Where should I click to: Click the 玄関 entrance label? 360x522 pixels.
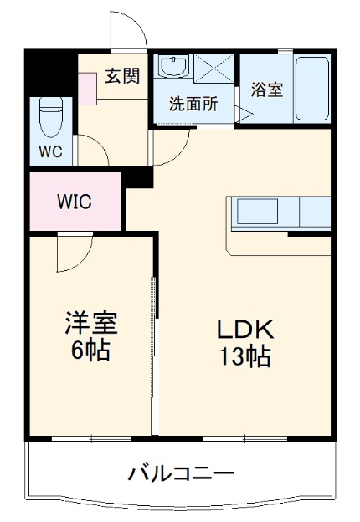[122, 75]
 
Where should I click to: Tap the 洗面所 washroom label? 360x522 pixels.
[194, 105]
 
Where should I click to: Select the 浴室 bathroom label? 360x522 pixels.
[268, 89]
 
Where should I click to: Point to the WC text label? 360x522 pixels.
[50, 153]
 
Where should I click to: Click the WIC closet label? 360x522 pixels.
[74, 202]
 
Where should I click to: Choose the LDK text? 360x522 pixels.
[245, 329]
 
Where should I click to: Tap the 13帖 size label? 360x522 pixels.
[245, 357]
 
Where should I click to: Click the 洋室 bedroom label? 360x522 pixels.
[91, 322]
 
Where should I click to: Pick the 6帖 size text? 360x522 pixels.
[91, 351]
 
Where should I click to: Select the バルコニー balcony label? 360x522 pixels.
[181, 474]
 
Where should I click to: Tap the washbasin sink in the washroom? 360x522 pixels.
[174, 67]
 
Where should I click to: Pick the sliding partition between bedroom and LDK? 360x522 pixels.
[153, 335]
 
